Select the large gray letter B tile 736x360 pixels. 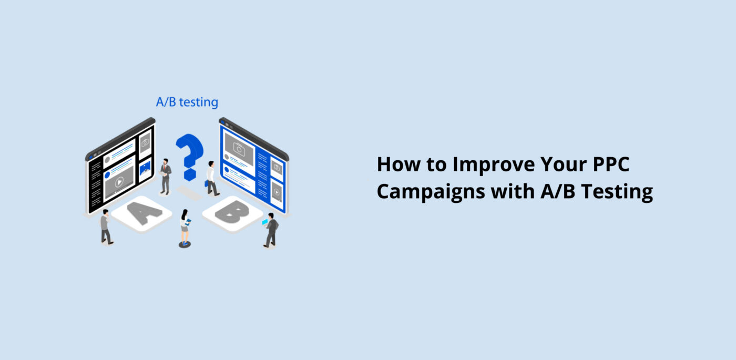pyautogui.click(x=232, y=212)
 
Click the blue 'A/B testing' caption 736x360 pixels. pyautogui.click(x=187, y=101)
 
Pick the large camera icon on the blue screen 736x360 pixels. pyautogui.click(x=239, y=149)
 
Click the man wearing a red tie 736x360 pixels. pyautogui.click(x=166, y=176)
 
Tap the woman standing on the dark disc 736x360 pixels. pyautogui.click(x=185, y=227)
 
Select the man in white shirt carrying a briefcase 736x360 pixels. pyautogui.click(x=211, y=178)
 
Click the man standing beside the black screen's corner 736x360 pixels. pyautogui.click(x=106, y=226)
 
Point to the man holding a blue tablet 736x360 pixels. pyautogui.click(x=271, y=230)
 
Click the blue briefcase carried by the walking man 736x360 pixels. pyautogui.click(x=206, y=183)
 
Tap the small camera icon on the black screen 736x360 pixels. pyautogui.click(x=145, y=142)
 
